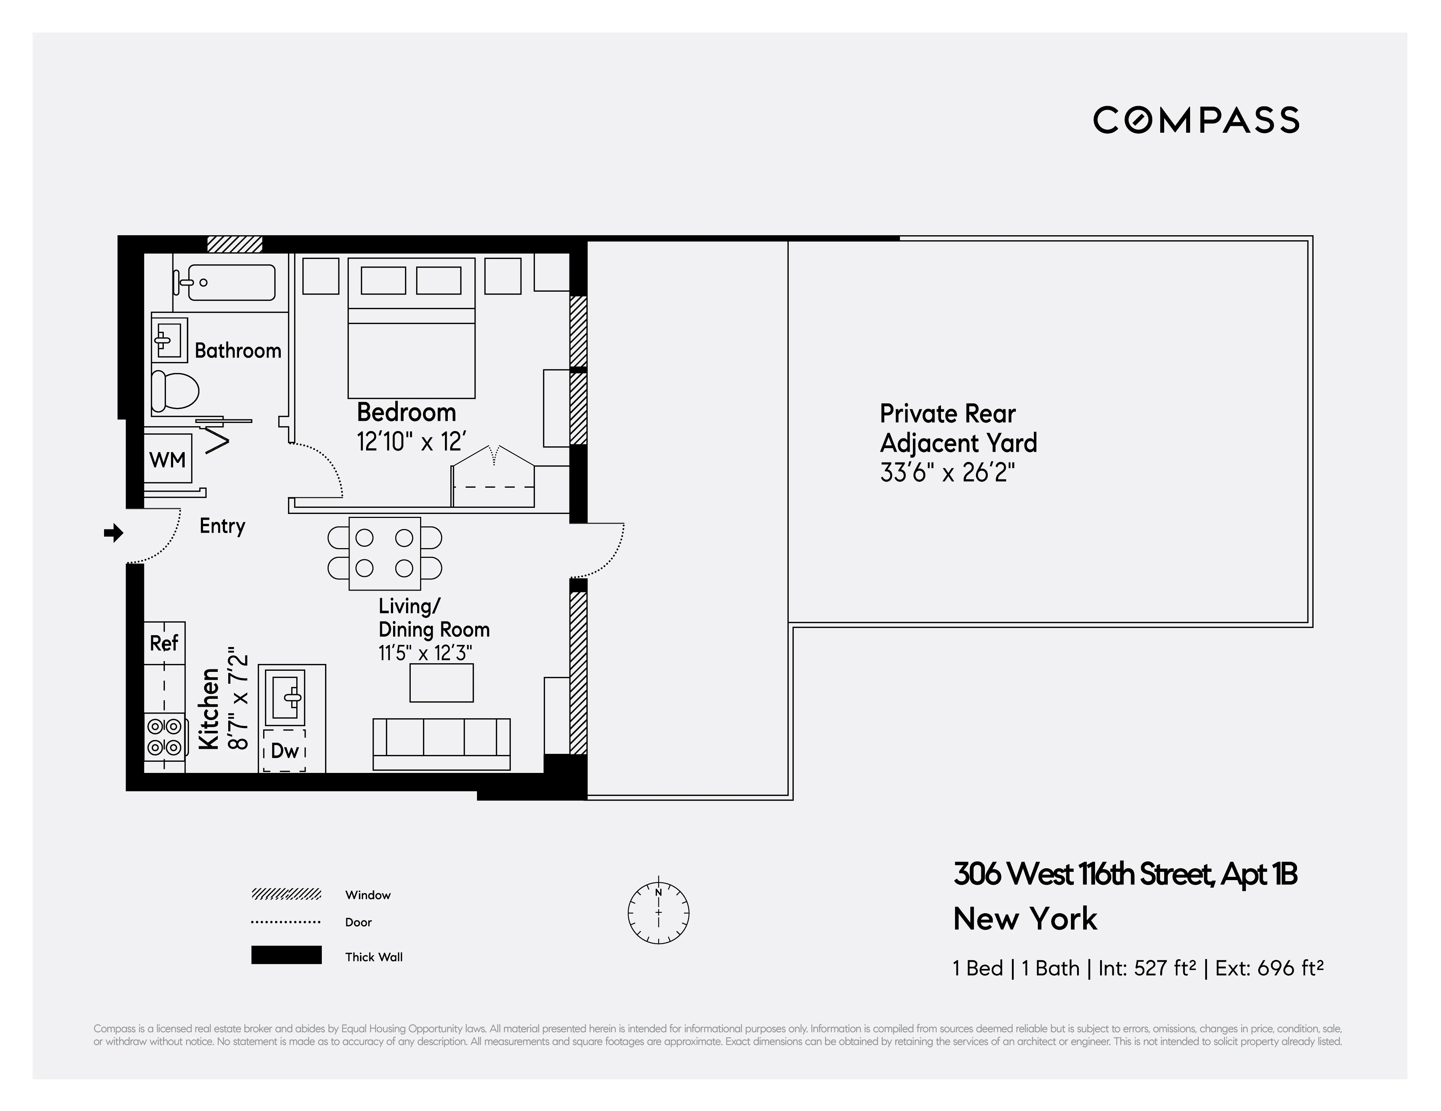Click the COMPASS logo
[x=1195, y=120]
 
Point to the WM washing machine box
[x=168, y=460]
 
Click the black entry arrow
[x=113, y=533]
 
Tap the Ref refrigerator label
[x=164, y=643]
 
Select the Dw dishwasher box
[x=285, y=750]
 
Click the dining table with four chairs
[x=385, y=553]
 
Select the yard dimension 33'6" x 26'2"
[x=947, y=473]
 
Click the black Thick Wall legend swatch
[x=286, y=955]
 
